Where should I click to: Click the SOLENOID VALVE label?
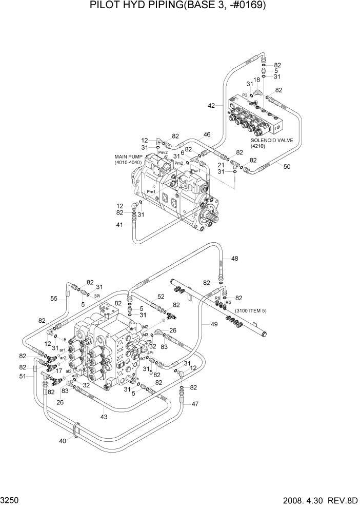(271, 140)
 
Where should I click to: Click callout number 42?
(211, 105)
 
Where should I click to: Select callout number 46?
(207, 135)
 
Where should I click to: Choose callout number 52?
(161, 297)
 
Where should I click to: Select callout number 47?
(195, 404)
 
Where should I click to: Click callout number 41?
(119, 225)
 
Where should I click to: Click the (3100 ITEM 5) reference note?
(251, 311)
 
